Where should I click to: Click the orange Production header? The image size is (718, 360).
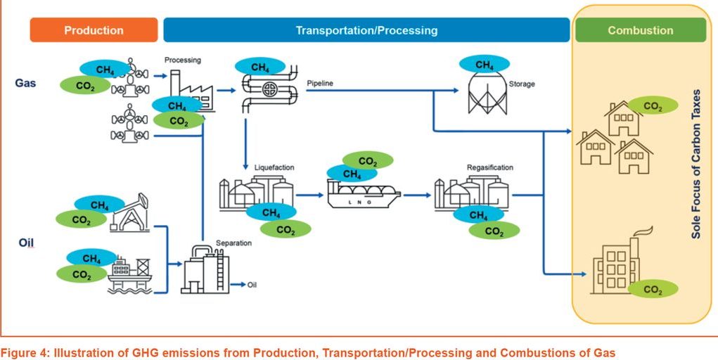pos(94,30)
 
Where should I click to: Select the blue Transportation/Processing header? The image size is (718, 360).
pos(366,30)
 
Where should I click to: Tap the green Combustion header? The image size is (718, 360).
pos(640,30)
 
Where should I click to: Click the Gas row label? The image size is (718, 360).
pos(25,83)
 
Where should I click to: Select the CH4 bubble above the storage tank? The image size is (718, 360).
pos(485,65)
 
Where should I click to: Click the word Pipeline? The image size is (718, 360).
pos(320,84)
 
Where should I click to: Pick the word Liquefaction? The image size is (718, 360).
pos(274,167)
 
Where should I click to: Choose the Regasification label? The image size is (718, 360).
pos(489,167)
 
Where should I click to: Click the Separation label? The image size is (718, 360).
pos(234,243)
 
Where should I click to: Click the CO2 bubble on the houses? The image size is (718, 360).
pos(653,106)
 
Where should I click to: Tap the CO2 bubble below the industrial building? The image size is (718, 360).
pos(653,289)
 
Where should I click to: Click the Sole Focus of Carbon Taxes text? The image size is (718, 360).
pos(696,162)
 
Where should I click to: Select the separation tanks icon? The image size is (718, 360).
pos(204,270)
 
